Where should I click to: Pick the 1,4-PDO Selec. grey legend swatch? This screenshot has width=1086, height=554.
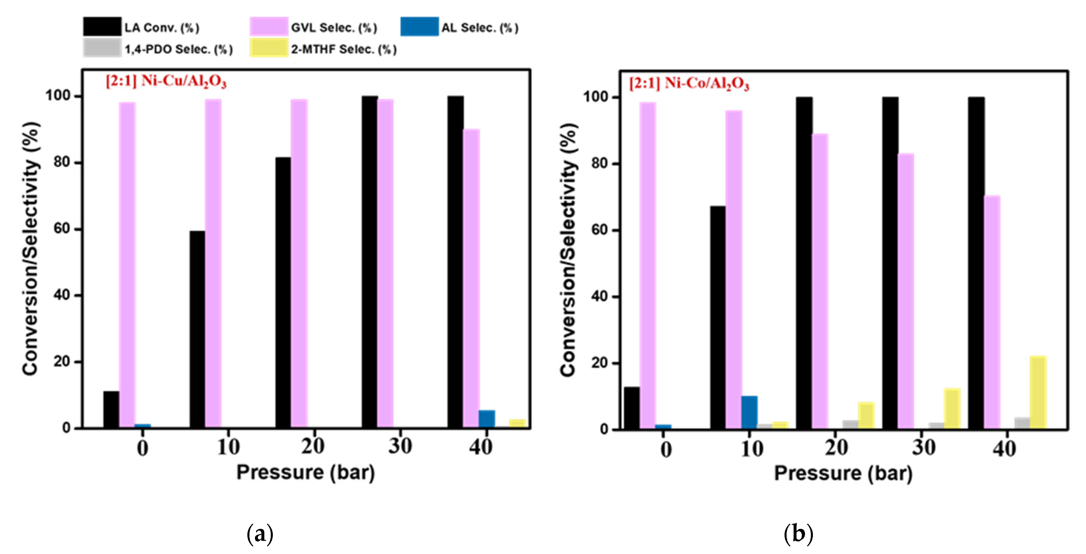point(102,48)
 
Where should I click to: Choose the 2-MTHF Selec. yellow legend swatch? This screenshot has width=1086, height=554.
point(268,48)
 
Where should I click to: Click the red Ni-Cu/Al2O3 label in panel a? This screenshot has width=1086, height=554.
point(166,81)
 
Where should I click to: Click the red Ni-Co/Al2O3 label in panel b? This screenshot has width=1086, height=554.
point(689,83)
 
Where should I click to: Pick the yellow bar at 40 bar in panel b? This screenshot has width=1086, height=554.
point(1038,393)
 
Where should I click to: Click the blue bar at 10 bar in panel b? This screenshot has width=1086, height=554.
point(749,413)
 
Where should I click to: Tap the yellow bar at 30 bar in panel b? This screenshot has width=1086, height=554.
point(952,409)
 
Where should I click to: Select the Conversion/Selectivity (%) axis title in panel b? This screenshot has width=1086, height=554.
point(568,250)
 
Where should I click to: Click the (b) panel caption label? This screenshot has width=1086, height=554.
point(798,534)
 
